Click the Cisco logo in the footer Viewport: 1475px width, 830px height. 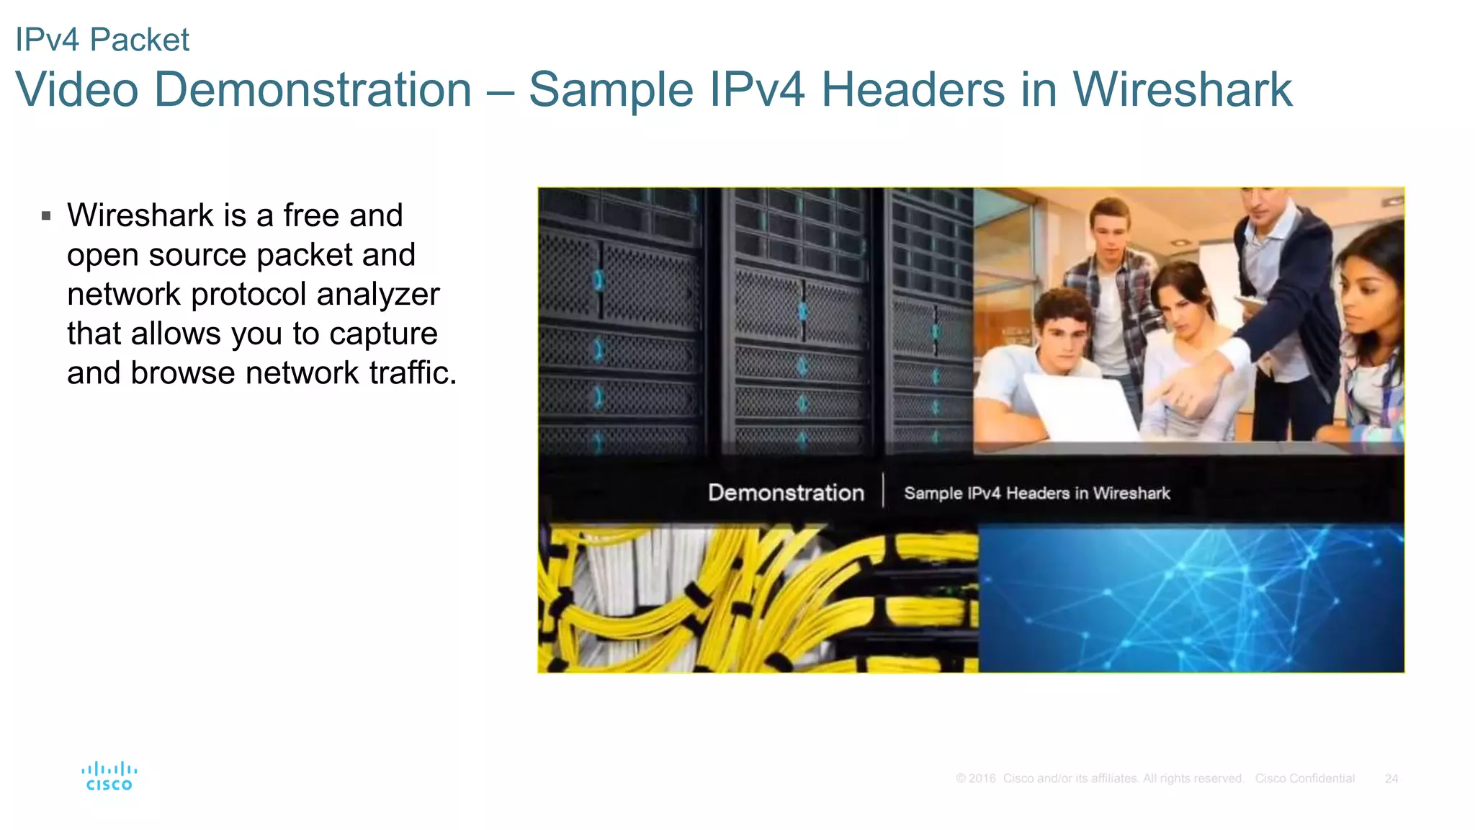pyautogui.click(x=109, y=776)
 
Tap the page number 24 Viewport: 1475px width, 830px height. pyautogui.click(x=1391, y=779)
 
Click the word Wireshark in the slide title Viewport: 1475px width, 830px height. pyautogui.click(x=1182, y=90)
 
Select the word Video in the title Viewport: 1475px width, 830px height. pyautogui.click(x=77, y=90)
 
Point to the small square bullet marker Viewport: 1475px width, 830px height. pyautogui.click(x=46, y=215)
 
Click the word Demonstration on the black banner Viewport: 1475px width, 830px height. pyautogui.click(x=786, y=493)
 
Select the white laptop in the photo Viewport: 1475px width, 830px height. pyautogui.click(x=1080, y=407)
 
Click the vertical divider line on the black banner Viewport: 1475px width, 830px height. pyautogui.click(x=884, y=491)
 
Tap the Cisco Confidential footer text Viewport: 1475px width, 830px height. pyautogui.click(x=1304, y=779)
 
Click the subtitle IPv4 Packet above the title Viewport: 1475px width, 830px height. pyautogui.click(x=102, y=40)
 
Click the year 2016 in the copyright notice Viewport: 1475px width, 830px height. pyautogui.click(x=982, y=779)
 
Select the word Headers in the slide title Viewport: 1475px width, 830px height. pyautogui.click(x=913, y=90)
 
